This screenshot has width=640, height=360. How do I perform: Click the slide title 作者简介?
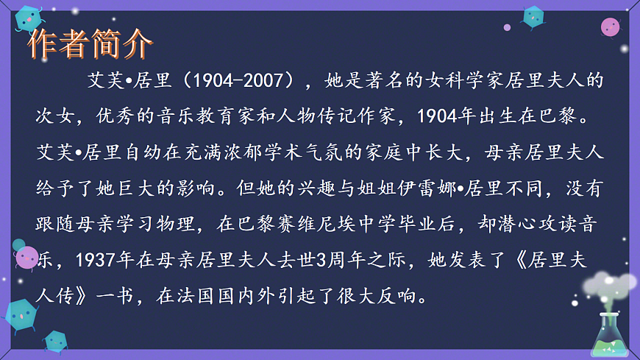click(x=90, y=45)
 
